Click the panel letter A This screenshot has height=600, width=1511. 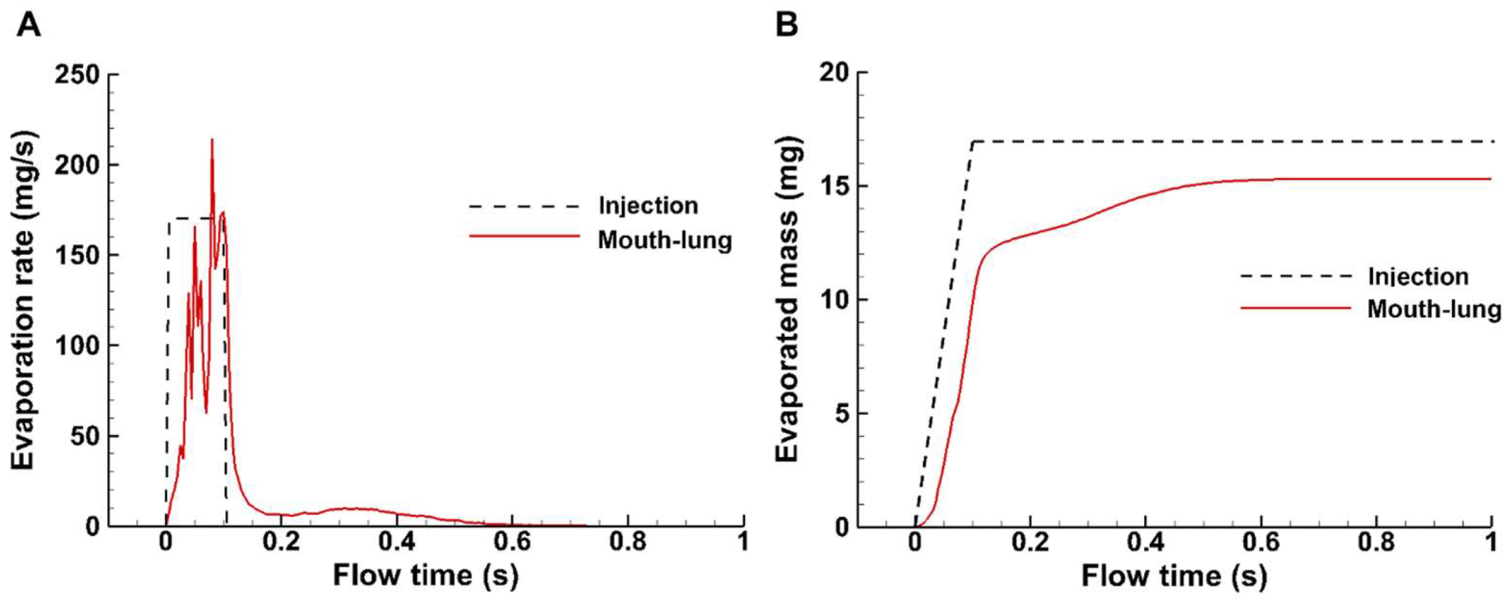click(29, 25)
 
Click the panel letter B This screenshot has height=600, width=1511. click(787, 25)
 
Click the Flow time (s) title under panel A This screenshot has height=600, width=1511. click(425, 575)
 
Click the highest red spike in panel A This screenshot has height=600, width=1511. click(212, 141)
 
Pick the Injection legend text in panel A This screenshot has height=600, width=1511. click(648, 205)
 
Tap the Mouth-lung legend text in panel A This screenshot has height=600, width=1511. click(664, 240)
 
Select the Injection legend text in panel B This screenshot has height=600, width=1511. click(1418, 276)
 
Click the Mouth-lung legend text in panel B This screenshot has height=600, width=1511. click(1433, 309)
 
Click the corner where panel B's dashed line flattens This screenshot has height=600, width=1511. click(973, 142)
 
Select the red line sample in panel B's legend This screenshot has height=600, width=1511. click(1295, 308)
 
